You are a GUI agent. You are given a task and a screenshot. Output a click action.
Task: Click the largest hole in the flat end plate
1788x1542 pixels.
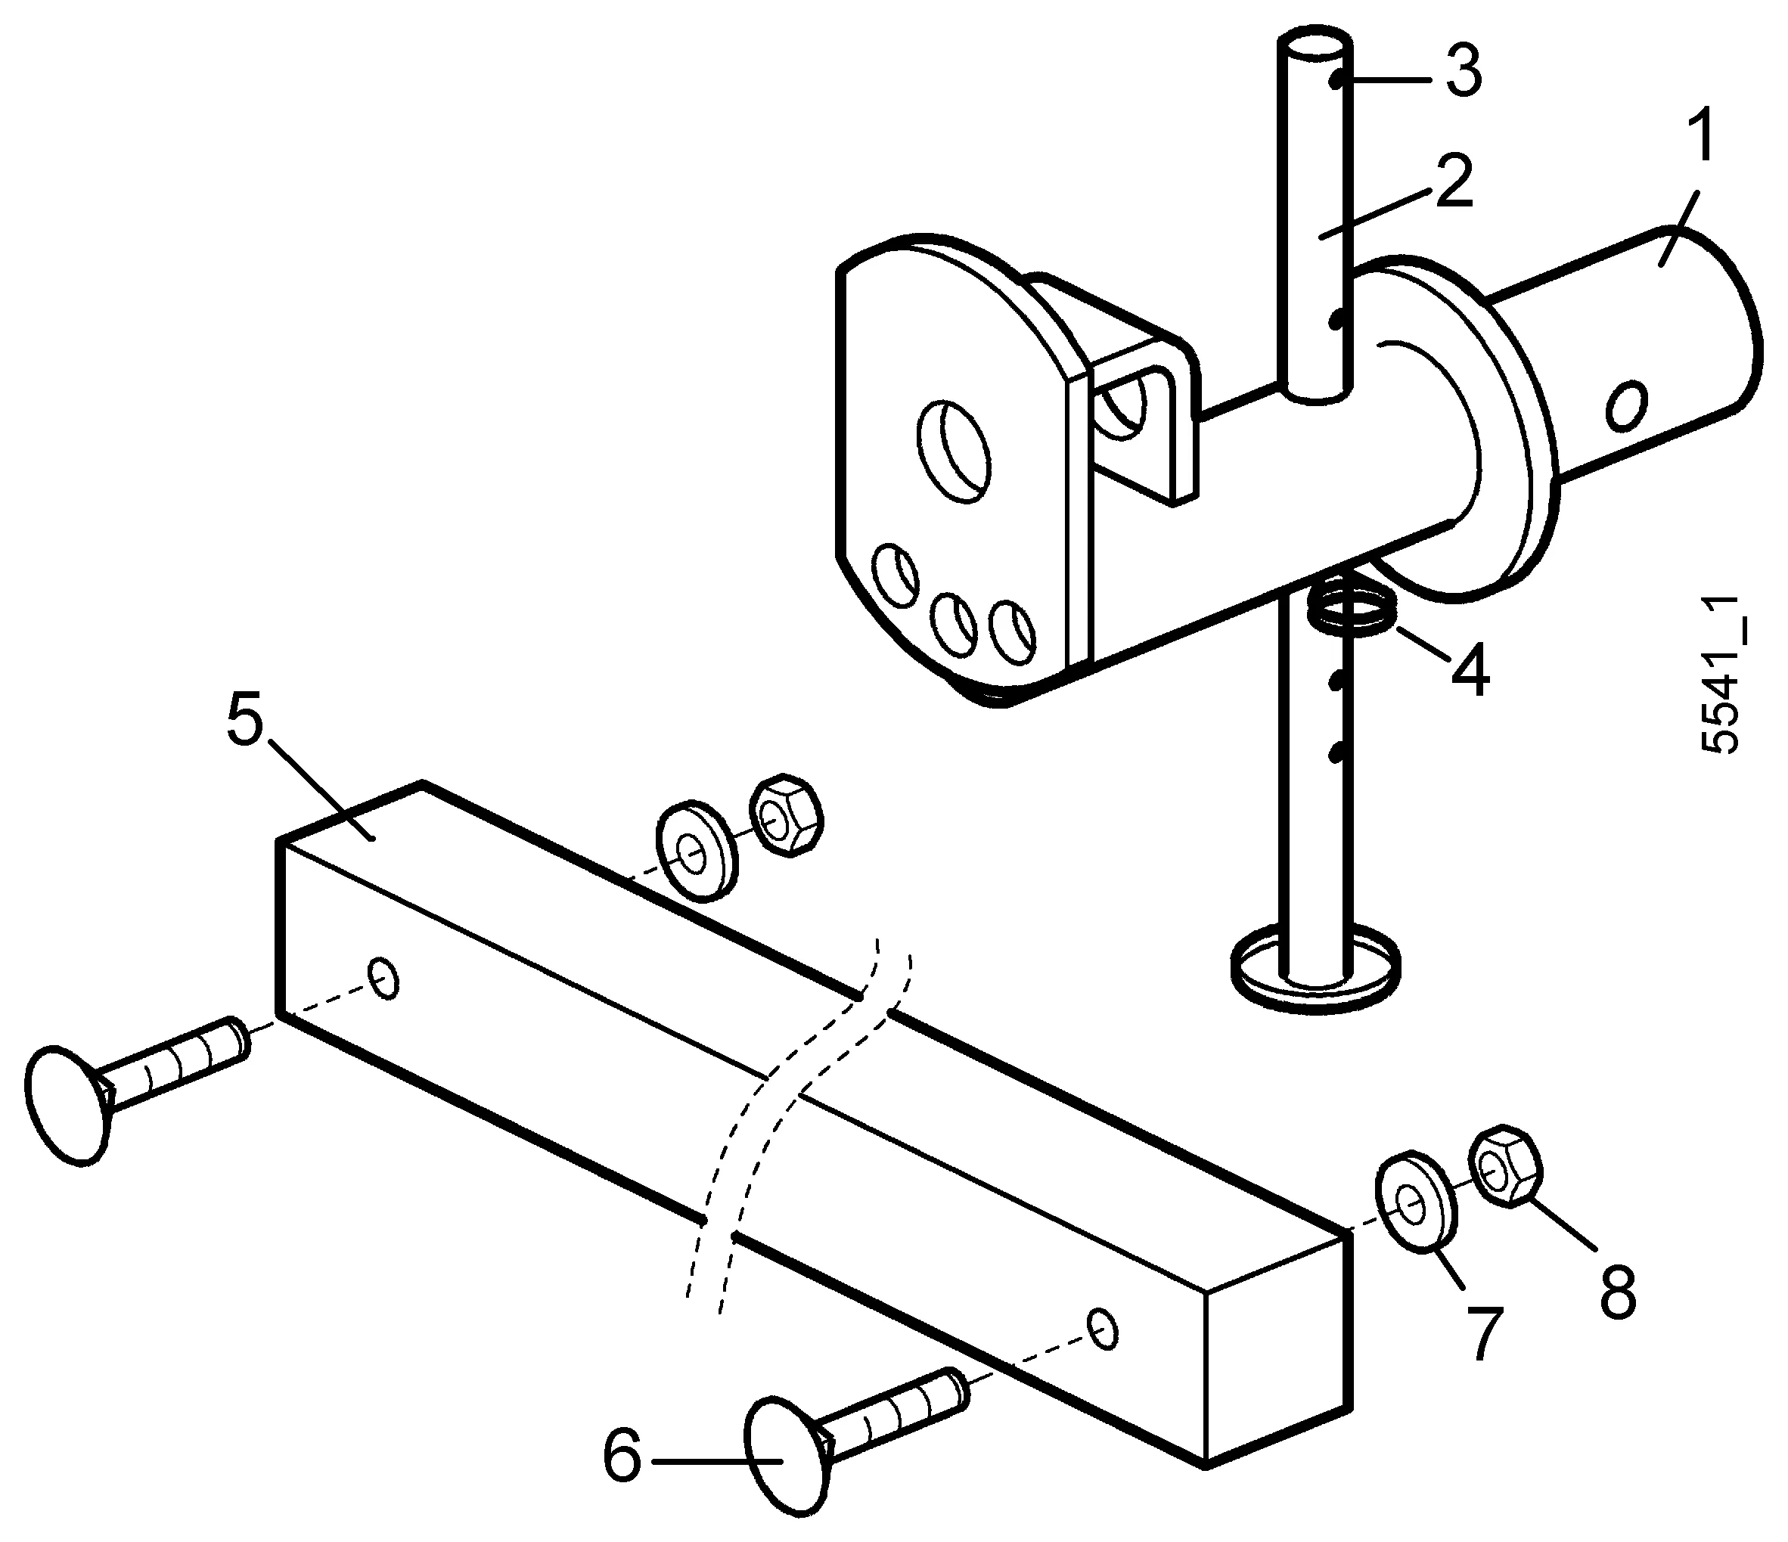(x=953, y=448)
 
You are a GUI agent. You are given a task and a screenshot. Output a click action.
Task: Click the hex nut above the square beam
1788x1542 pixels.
(x=784, y=815)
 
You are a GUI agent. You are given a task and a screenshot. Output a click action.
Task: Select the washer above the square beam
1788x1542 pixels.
(x=697, y=852)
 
